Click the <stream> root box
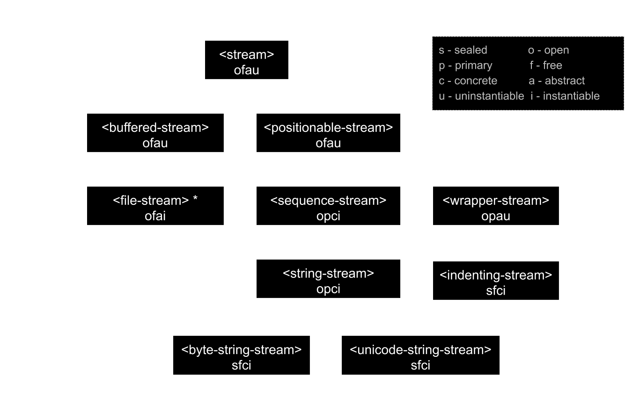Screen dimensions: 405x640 [x=246, y=59]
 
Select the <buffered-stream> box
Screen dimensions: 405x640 [x=155, y=132]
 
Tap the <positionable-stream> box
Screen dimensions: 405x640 [x=328, y=132]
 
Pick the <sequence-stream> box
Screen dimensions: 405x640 [x=328, y=205]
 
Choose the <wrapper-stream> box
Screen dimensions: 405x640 [x=496, y=205]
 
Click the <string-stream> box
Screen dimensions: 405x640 [x=328, y=278]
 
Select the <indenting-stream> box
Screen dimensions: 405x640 [x=496, y=280]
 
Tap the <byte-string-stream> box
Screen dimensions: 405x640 [x=241, y=355]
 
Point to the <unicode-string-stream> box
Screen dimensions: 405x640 [x=420, y=355]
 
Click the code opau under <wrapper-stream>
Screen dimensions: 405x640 [x=496, y=216]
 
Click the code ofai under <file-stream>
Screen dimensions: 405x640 [x=155, y=216]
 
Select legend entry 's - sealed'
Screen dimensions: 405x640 [x=463, y=50]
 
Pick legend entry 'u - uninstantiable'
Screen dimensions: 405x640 [x=481, y=96]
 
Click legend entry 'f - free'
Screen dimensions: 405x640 [x=545, y=65]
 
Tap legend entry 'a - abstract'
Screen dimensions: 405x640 [x=557, y=80]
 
